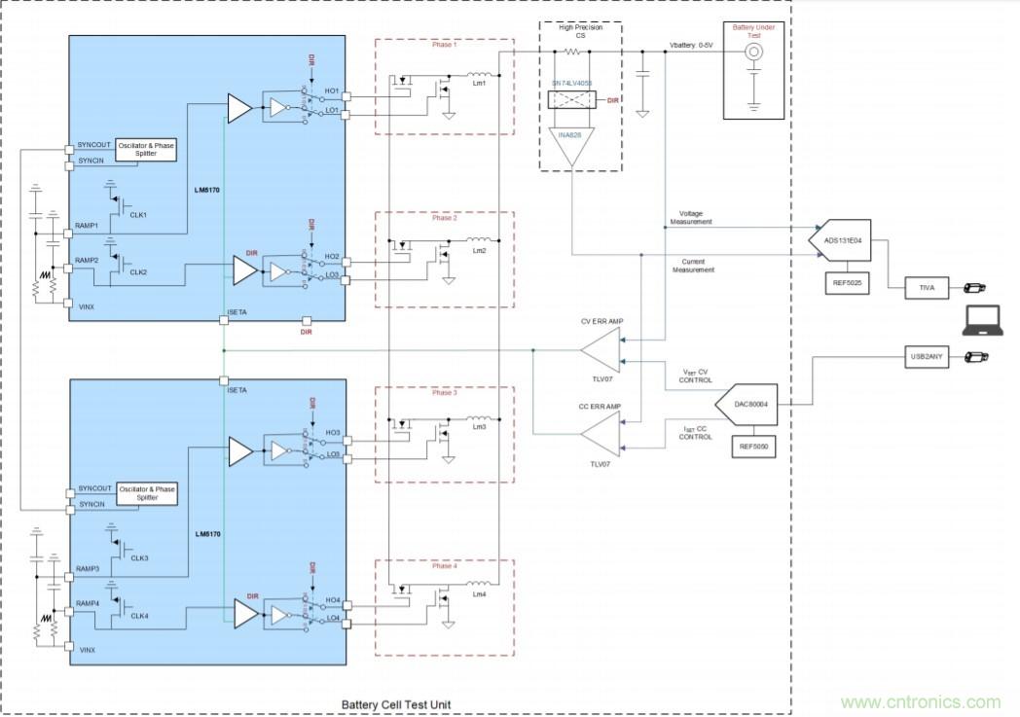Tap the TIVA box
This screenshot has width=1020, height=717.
click(927, 288)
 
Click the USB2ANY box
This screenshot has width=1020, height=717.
click(926, 358)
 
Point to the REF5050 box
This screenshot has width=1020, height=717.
click(754, 447)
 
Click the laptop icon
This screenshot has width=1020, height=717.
click(981, 320)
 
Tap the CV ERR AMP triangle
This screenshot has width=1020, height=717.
click(601, 348)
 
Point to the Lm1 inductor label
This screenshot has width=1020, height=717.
click(478, 84)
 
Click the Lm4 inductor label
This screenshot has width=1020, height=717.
click(478, 594)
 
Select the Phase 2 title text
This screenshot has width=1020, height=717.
click(444, 218)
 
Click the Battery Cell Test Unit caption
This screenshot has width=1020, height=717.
click(395, 704)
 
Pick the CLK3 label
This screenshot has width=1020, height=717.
click(139, 557)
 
